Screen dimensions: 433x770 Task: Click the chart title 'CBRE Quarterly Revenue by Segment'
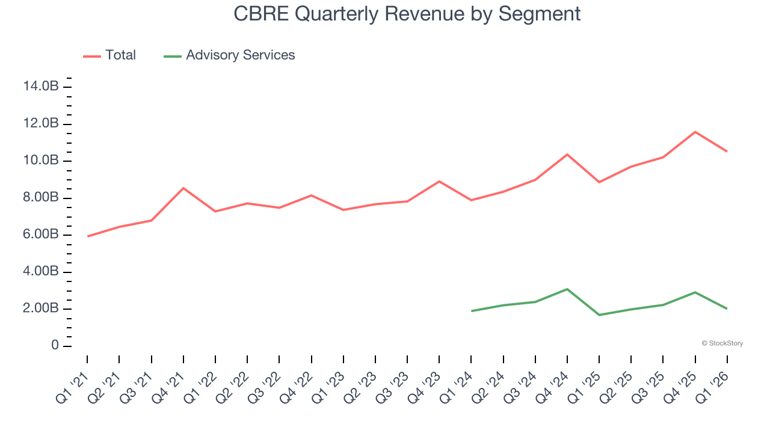(x=407, y=14)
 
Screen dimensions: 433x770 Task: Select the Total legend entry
(x=110, y=55)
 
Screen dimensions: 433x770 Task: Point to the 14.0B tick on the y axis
(x=41, y=87)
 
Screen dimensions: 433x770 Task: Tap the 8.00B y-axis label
(x=41, y=198)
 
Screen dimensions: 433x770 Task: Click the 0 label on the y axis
(x=55, y=346)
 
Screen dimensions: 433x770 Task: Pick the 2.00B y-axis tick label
(x=41, y=309)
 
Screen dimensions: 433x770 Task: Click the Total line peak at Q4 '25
(x=695, y=132)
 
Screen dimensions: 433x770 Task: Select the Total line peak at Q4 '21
(x=183, y=188)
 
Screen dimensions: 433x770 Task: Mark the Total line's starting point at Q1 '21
(x=88, y=236)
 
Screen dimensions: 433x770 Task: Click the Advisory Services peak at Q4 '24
(x=567, y=289)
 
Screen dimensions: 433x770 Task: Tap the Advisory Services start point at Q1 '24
(x=472, y=311)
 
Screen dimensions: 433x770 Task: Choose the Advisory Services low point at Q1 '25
(x=599, y=315)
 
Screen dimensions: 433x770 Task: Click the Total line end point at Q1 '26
(x=727, y=151)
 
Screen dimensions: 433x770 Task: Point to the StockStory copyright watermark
(x=722, y=343)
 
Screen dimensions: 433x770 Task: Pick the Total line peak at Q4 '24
(x=567, y=155)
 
